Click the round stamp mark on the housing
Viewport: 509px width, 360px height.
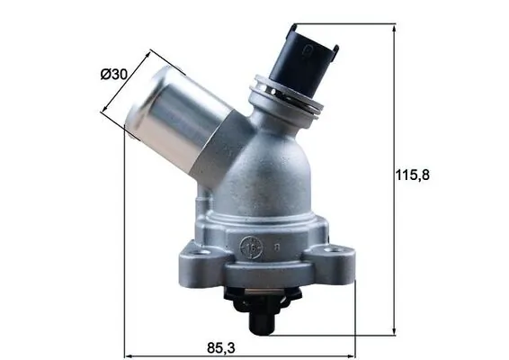pyautogui.click(x=254, y=244)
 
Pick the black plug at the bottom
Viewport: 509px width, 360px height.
pyautogui.click(x=261, y=314)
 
